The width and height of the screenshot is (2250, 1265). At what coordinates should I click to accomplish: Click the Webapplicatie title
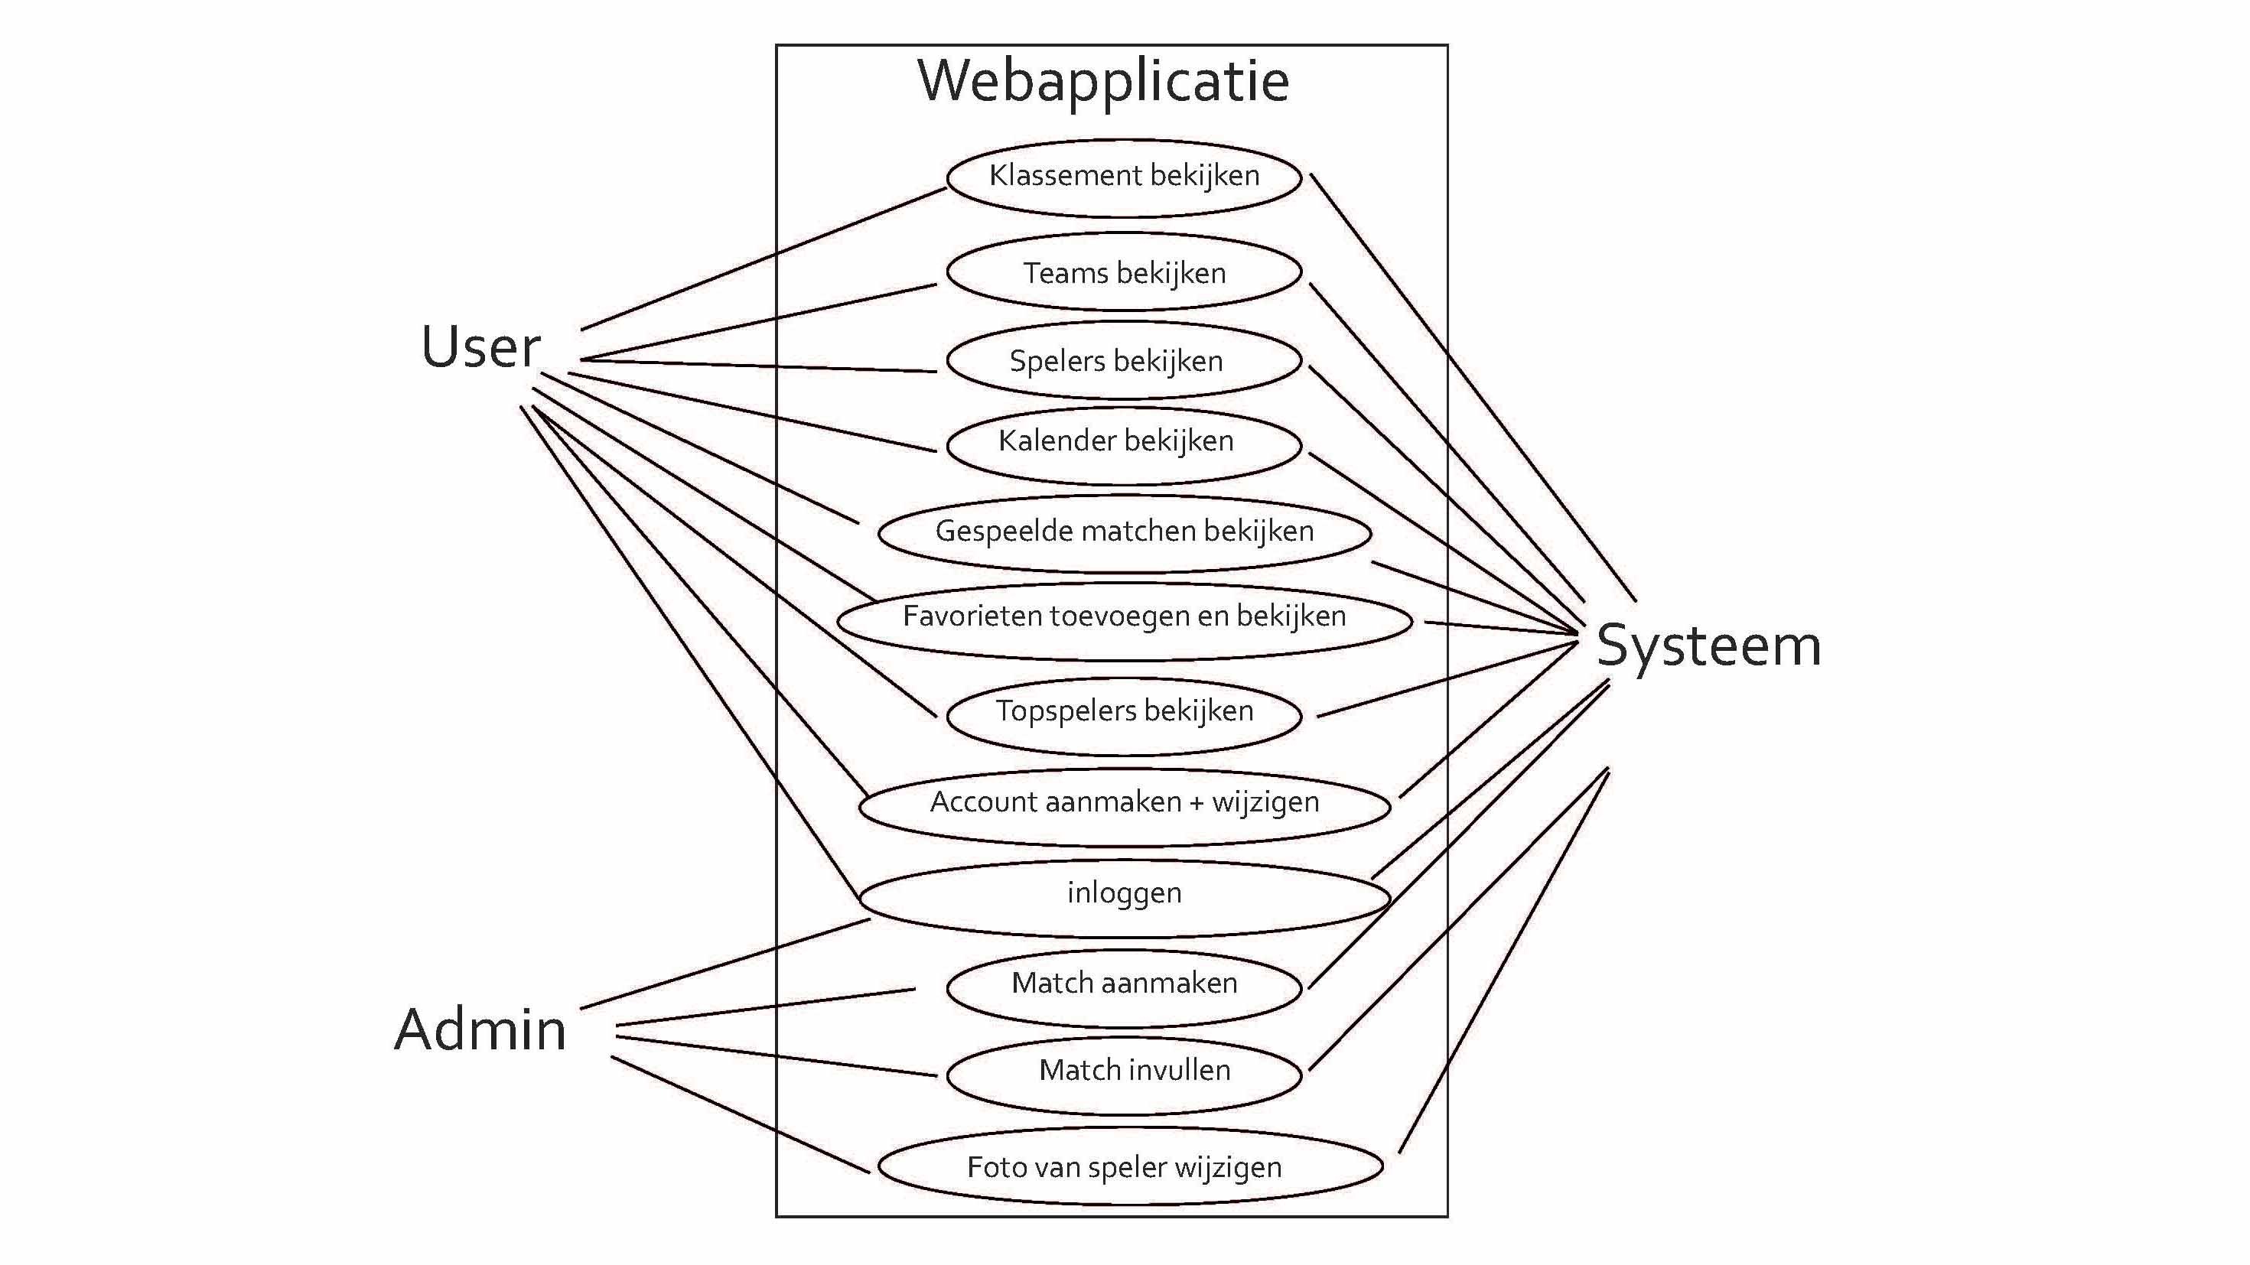pos(1103,81)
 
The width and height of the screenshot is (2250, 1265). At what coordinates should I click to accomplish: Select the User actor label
pos(480,347)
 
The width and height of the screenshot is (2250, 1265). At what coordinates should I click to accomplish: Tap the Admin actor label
pos(480,1029)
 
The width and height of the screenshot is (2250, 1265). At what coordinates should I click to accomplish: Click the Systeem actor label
pos(1708,646)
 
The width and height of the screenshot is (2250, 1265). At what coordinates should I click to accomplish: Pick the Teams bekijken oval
pos(1124,273)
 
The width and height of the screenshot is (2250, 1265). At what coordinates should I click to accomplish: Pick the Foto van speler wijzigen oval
pos(1124,1167)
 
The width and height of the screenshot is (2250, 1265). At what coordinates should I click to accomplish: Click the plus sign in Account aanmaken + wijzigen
pos(1196,803)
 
